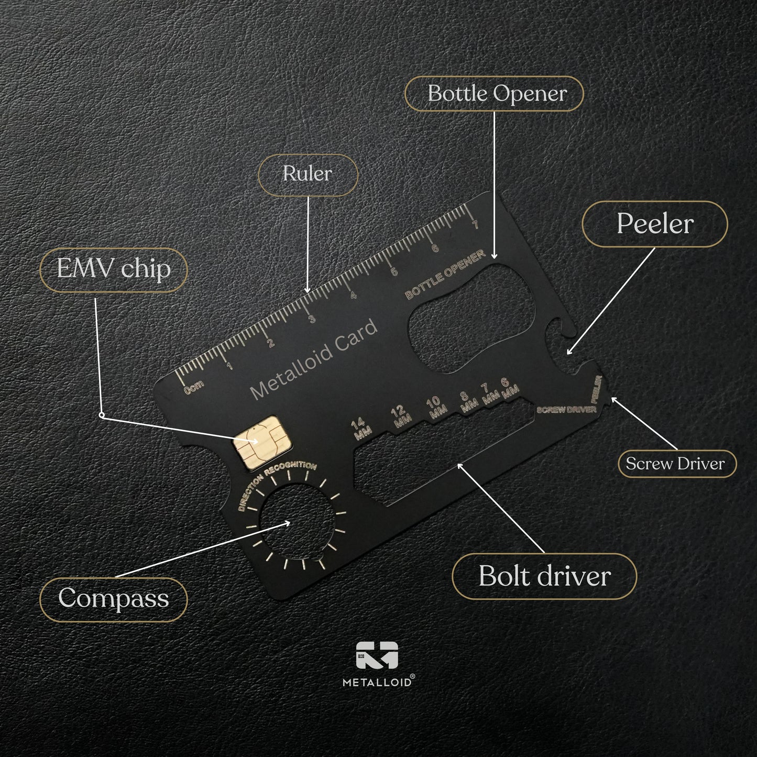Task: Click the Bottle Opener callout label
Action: point(494,94)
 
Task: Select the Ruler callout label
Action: point(308,174)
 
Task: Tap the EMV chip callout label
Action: point(113,269)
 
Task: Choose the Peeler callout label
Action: point(654,224)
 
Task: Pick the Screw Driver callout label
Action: point(676,464)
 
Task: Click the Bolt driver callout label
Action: point(544,576)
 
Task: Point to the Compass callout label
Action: point(113,599)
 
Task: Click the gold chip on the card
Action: point(261,443)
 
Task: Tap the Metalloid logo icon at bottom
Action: point(377,655)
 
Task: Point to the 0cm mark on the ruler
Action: point(194,387)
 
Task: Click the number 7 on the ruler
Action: point(475,225)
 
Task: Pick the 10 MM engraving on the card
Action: point(435,407)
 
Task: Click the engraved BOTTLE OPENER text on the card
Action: point(445,274)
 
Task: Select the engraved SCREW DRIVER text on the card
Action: point(566,409)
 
